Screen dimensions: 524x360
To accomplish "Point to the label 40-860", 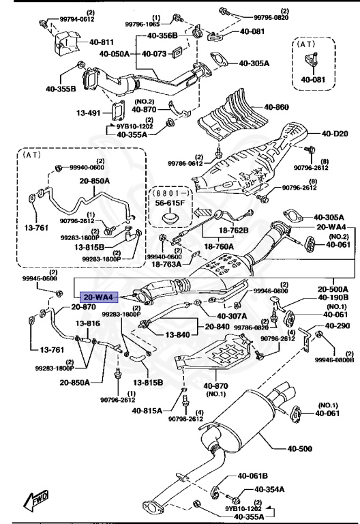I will [x=277, y=107].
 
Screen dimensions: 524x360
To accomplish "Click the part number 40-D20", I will [x=335, y=133].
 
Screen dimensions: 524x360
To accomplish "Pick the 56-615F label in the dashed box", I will [x=168, y=203].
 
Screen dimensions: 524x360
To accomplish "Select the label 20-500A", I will [x=333, y=289].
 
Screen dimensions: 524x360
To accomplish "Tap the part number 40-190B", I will [x=333, y=298].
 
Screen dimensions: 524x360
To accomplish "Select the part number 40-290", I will [x=336, y=326].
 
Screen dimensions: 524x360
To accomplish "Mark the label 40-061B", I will [x=253, y=476].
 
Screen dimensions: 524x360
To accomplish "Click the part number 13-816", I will [x=88, y=323].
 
